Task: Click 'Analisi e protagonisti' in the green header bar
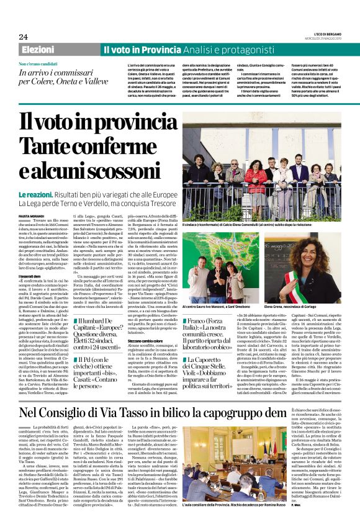pyautogui.click(x=210, y=49)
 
